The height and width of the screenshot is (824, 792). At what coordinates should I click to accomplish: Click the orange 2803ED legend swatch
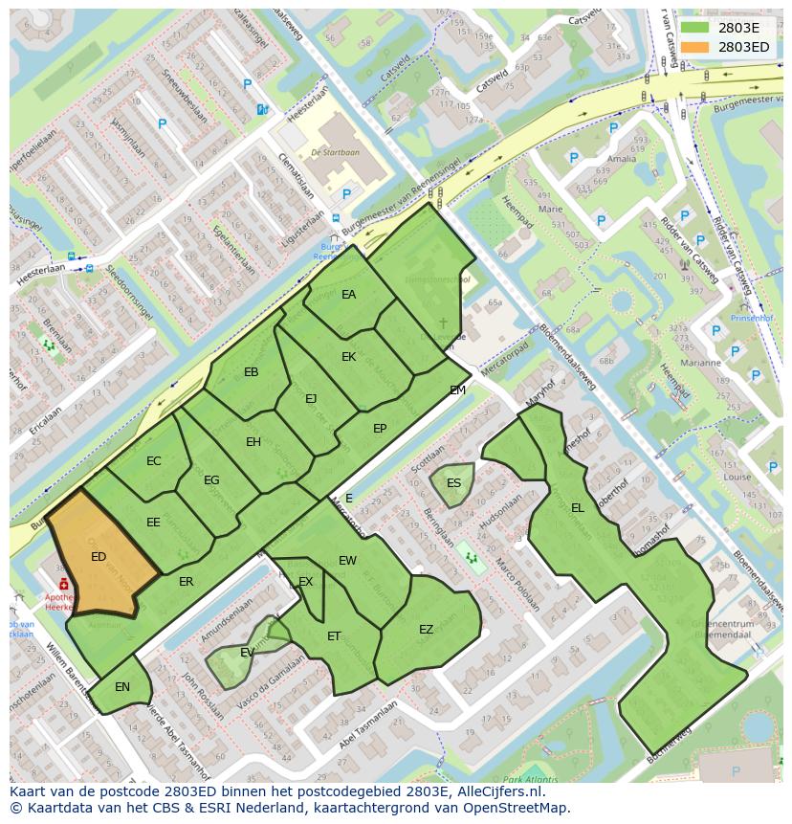694,47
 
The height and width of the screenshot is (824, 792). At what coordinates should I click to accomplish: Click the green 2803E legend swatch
694,28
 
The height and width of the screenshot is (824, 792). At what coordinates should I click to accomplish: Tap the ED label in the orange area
99,556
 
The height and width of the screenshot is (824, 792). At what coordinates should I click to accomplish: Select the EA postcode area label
348,295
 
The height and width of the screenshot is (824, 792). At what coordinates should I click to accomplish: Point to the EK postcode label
348,357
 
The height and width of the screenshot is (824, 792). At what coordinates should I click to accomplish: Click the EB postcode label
252,372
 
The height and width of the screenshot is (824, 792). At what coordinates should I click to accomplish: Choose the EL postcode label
577,508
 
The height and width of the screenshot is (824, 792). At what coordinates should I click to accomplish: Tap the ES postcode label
453,482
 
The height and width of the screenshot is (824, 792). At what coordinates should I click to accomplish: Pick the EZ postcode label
426,629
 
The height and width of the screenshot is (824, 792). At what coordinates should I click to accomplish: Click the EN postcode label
122,687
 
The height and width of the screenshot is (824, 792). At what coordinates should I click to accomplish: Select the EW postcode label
347,560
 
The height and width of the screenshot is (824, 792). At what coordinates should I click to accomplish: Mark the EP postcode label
380,429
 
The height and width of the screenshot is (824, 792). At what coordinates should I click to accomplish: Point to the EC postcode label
154,461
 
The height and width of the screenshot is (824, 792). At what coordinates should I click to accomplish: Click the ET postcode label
334,635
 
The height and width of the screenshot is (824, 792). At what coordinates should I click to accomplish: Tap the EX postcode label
305,582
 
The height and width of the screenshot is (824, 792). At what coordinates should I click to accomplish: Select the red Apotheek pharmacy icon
63,583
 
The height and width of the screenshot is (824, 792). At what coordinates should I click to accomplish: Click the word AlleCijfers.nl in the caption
498,791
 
